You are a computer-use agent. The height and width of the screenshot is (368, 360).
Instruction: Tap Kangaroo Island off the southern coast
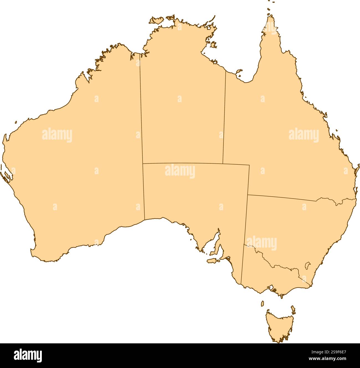(213, 261)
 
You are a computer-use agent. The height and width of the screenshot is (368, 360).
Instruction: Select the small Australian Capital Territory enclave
(307, 265)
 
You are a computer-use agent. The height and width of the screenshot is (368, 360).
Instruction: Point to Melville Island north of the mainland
(156, 20)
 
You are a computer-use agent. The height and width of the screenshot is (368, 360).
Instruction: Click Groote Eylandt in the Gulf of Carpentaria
(213, 44)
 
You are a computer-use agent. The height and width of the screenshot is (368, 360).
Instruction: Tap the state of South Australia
(194, 194)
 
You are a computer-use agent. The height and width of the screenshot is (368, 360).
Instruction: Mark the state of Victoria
(266, 274)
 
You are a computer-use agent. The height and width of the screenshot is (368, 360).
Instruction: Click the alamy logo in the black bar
(28, 356)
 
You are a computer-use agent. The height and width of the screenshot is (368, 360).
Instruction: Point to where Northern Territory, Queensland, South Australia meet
(223, 164)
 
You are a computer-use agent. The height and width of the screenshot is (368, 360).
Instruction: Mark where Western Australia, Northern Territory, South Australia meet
(143, 164)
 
